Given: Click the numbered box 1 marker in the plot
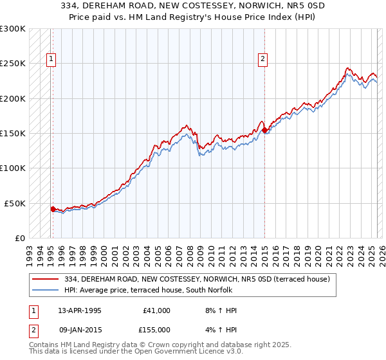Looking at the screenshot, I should pos(51,59).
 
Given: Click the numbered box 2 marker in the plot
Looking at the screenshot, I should pos(263,59).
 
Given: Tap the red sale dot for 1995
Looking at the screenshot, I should pos(53,209).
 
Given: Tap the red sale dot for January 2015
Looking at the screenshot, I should pos(264,130).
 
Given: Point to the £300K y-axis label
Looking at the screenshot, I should pos(13,29).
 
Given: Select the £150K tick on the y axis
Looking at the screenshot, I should pos(13,134).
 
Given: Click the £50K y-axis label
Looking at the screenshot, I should pos(15,203).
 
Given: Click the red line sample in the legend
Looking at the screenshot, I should pos(46,279).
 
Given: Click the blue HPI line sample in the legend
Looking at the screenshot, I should pos(46,290).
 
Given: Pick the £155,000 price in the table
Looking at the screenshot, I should pos(158,329).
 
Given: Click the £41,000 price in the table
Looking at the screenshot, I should pos(158,310).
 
